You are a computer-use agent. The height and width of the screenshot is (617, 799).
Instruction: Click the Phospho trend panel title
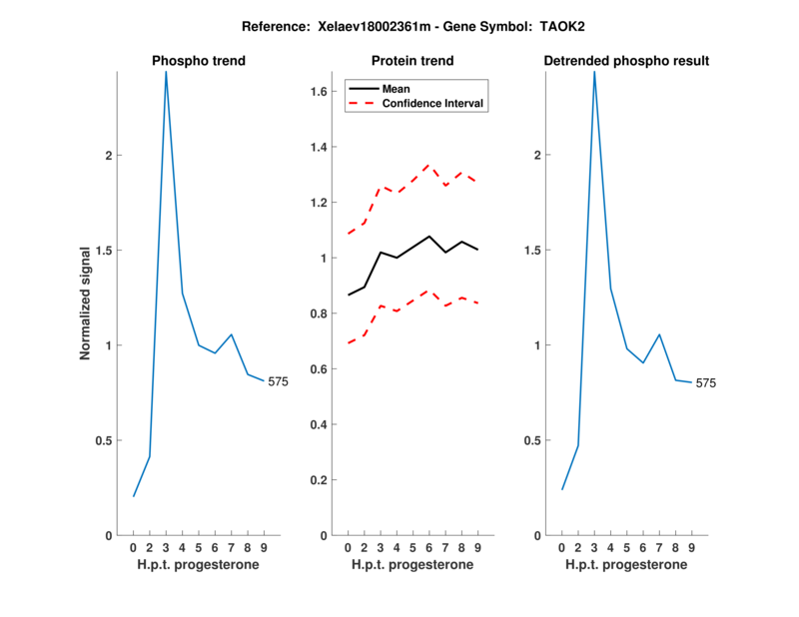199,61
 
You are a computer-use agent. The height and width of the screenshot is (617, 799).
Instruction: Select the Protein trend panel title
412,61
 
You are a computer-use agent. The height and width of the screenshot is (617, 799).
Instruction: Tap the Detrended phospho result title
626,61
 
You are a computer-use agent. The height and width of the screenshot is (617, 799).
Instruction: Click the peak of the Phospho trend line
166,72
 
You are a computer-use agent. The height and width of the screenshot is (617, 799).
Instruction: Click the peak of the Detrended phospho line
594,72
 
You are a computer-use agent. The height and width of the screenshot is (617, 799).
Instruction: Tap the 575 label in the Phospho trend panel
278,381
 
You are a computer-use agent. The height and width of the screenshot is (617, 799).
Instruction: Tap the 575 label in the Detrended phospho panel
706,382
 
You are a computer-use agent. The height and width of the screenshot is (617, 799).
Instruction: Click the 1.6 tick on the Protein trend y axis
319,92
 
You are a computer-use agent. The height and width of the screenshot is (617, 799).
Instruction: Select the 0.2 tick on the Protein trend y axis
319,480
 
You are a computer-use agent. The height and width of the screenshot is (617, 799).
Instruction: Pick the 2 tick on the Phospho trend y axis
108,156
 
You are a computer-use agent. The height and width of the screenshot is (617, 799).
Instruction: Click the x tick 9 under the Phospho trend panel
264,547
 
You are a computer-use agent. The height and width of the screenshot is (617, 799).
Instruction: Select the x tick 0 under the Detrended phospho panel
562,547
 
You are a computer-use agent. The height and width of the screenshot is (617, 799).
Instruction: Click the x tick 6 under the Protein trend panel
428,547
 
